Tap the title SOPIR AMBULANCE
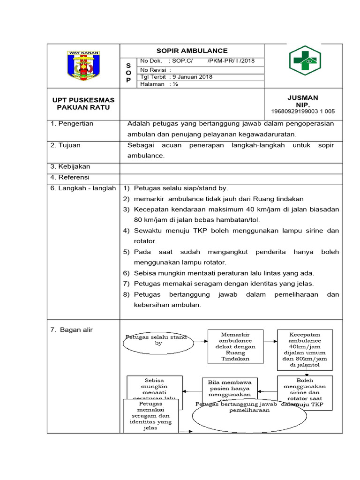point(192,51)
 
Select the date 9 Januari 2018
point(192,77)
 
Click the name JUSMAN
point(303,97)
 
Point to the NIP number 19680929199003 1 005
point(303,112)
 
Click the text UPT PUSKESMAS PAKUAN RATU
point(83,104)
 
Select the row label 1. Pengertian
point(72,124)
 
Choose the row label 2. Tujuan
point(66,145)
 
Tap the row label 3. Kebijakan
point(70,166)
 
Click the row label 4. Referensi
point(70,177)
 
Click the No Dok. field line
point(197,61)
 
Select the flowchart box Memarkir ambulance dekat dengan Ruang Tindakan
point(232,346)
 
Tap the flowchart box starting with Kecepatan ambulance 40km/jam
point(305,349)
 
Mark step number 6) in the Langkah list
point(126,273)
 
